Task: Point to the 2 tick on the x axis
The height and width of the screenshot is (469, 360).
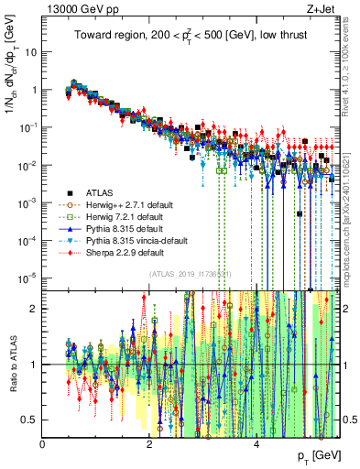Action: tap(149, 442)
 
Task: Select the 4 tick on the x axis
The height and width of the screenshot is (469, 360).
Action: tap(256, 442)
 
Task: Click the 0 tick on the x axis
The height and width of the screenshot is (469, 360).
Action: tap(43, 442)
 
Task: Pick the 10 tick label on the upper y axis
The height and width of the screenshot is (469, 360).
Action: tap(29, 52)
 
